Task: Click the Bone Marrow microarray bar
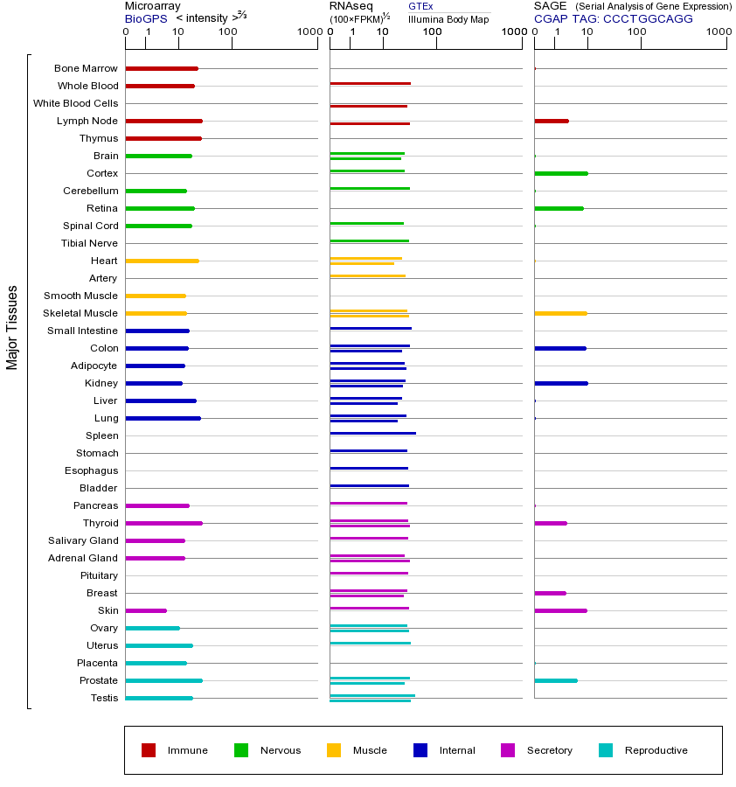tap(162, 68)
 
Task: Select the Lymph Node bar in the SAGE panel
tap(552, 121)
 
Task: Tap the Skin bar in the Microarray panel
tap(146, 610)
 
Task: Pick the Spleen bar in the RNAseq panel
tap(372, 433)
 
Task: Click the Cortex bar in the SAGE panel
tap(561, 173)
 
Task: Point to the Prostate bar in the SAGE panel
tap(556, 680)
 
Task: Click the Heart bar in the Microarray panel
tap(162, 261)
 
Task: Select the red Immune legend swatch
tap(149, 750)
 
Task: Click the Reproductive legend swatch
tap(606, 750)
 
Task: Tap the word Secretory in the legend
tap(549, 750)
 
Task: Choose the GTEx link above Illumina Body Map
tap(420, 6)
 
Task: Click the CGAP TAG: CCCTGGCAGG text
tap(614, 18)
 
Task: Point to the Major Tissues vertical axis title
tap(12, 327)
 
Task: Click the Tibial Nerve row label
tap(89, 243)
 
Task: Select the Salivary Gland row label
tap(83, 540)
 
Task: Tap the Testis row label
tap(104, 698)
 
